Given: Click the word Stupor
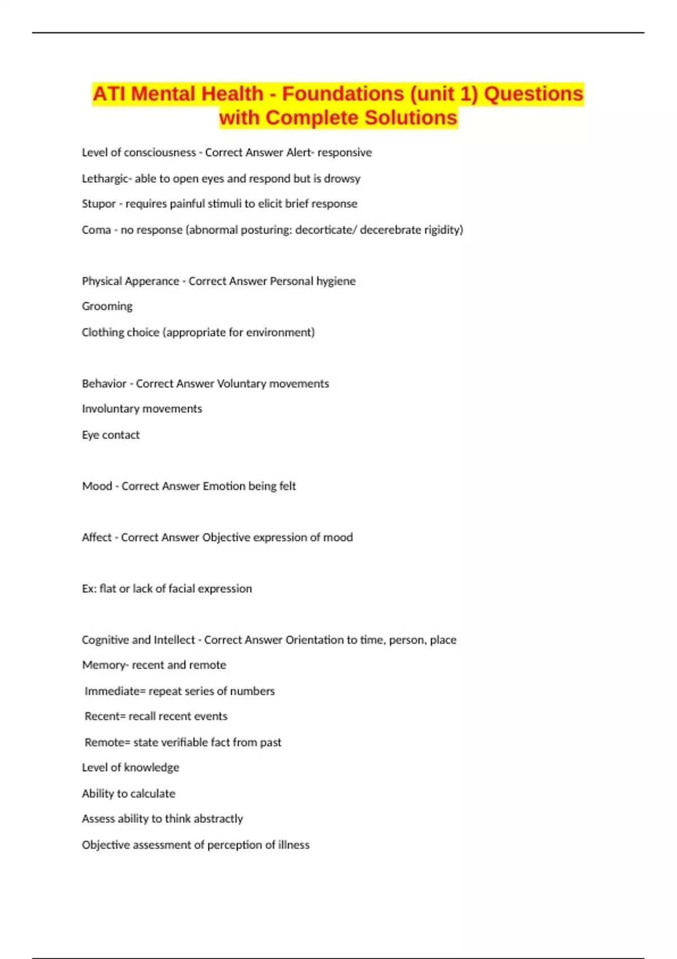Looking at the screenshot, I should point(99,204).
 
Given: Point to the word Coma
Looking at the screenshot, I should point(96,230).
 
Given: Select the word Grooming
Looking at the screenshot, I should point(107,306).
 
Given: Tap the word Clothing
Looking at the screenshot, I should point(101,332).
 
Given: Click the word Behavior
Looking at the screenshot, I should point(104,384).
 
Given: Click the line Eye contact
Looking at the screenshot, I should point(111,435).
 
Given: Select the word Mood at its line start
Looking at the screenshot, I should point(97,486).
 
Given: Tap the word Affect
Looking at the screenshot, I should point(96,538).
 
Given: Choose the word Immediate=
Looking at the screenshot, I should point(115,691).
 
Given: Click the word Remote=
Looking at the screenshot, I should point(107,742).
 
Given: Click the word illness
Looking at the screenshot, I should point(293,845).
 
